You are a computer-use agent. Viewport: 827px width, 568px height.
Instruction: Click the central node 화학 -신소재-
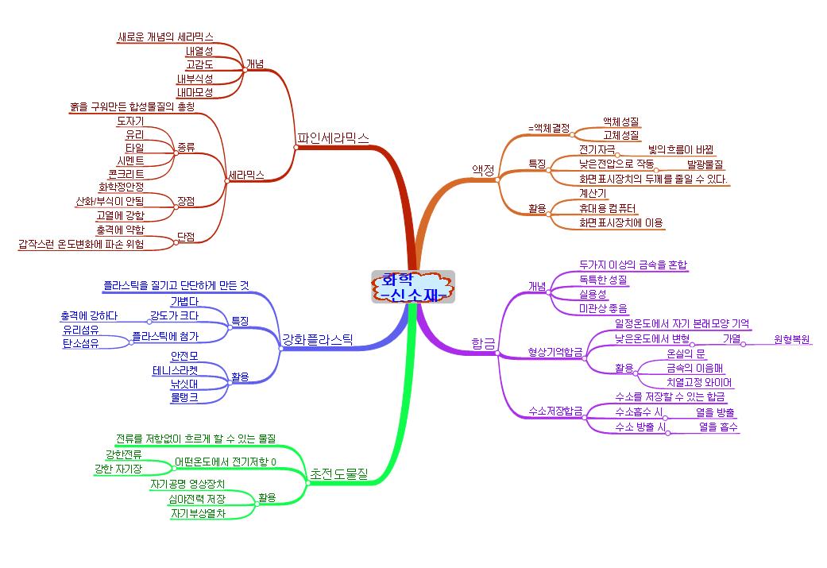[412, 287]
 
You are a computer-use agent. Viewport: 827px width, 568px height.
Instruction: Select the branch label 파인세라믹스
[333, 137]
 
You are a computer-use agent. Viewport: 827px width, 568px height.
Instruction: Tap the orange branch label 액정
[483, 169]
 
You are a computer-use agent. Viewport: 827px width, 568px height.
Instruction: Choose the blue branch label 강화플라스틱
[317, 341]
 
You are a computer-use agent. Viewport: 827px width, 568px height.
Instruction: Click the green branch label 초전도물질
[339, 474]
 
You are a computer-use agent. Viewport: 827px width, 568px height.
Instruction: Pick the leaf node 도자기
[129, 121]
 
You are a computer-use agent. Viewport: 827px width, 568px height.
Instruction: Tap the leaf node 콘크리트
[126, 173]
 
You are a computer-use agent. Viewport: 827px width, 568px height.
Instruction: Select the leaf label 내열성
[199, 51]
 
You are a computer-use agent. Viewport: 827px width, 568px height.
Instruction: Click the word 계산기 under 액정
[593, 193]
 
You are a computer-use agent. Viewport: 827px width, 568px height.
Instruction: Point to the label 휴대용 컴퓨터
[609, 208]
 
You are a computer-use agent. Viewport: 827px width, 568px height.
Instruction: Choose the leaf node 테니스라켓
[176, 369]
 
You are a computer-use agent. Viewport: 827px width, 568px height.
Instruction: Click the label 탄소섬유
[80, 343]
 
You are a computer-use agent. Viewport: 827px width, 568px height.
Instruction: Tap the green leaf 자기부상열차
[198, 513]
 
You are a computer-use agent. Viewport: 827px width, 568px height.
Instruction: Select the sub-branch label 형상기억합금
[555, 351]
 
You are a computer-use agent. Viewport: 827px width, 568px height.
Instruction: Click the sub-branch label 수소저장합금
[555, 411]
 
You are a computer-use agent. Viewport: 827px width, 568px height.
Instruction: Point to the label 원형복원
[792, 340]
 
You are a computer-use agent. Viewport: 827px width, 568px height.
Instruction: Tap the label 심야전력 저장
[196, 499]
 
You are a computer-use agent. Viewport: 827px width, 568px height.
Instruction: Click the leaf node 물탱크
[184, 396]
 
